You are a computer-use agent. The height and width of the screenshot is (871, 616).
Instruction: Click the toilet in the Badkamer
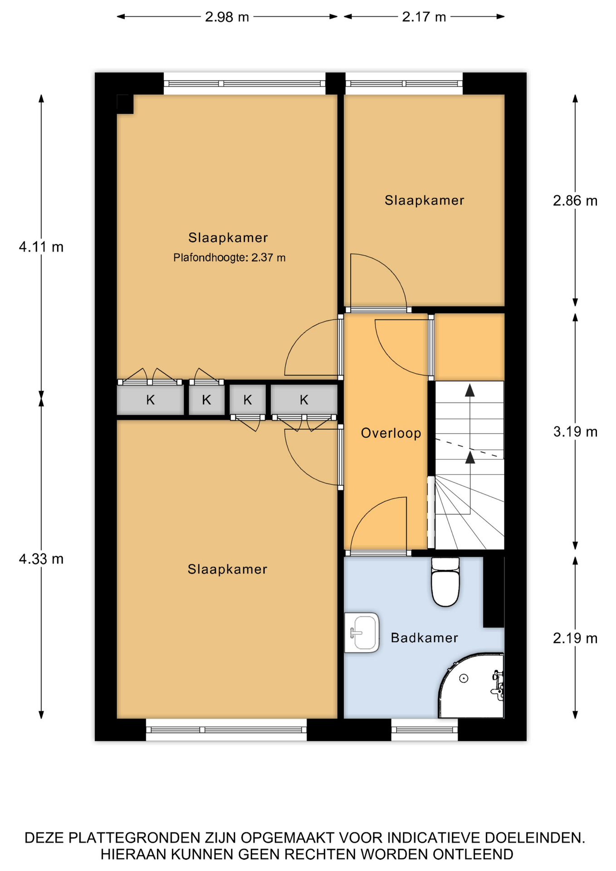pyautogui.click(x=445, y=582)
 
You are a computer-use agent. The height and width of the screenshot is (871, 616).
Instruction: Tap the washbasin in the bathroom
pyautogui.click(x=362, y=632)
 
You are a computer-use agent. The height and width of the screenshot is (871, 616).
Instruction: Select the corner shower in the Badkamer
pyautogui.click(x=471, y=685)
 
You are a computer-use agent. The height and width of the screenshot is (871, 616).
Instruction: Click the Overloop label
pyautogui.click(x=391, y=433)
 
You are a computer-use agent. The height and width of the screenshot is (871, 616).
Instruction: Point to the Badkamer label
pyautogui.click(x=424, y=638)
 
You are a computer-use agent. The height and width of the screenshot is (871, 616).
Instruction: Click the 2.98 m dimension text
pyautogui.click(x=227, y=17)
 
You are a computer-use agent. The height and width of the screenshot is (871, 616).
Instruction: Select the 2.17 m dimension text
pyautogui.click(x=424, y=17)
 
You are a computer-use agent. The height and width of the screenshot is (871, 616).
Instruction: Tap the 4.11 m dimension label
pyautogui.click(x=41, y=247)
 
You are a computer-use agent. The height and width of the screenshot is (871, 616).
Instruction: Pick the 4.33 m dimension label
pyautogui.click(x=41, y=559)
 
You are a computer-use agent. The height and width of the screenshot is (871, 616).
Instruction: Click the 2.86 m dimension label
pyautogui.click(x=575, y=201)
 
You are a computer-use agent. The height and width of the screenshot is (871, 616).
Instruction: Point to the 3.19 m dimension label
pyautogui.click(x=575, y=431)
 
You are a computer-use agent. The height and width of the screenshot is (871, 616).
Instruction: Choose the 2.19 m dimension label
pyautogui.click(x=575, y=638)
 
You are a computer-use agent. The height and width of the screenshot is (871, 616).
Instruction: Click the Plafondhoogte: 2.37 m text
pyautogui.click(x=230, y=258)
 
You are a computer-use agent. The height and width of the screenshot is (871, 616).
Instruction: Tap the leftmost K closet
pyautogui.click(x=150, y=400)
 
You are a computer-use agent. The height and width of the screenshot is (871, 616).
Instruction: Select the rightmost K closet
pyautogui.click(x=304, y=400)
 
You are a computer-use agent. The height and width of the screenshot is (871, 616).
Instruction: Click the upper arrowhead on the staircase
pyautogui.click(x=470, y=390)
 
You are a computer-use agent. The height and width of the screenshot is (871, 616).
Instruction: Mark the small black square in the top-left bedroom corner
pyautogui.click(x=125, y=104)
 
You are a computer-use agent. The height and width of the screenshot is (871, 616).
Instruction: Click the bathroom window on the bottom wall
pyautogui.click(x=425, y=730)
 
